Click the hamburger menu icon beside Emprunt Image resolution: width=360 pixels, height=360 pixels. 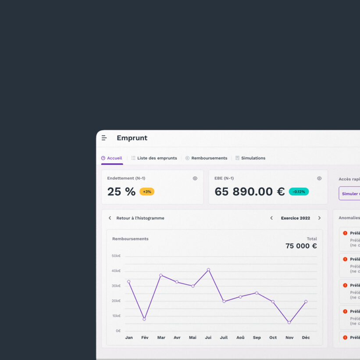click(104, 138)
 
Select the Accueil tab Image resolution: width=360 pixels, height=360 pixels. click(112, 158)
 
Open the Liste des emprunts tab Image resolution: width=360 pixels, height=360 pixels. click(154, 158)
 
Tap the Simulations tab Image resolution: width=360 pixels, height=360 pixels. click(250, 158)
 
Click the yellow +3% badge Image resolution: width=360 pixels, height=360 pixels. click(147, 192)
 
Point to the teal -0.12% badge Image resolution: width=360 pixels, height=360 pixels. click(299, 192)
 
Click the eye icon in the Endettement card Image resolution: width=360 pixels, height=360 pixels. click(195, 178)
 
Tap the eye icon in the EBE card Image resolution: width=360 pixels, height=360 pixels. click(319, 178)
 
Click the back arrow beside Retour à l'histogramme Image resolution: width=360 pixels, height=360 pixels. click(110, 218)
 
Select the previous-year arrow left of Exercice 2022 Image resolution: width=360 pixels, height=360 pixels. click(271, 218)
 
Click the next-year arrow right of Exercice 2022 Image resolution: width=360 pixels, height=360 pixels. click(319, 218)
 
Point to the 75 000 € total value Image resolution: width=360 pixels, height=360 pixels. click(301, 246)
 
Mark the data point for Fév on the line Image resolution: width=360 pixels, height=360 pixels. click(144, 319)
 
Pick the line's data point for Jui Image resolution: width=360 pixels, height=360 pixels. click(208, 270)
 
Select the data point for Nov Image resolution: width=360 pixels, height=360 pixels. click(289, 322)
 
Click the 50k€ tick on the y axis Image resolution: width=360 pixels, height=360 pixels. click(116, 256)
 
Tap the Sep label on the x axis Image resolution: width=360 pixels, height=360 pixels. click(257, 338)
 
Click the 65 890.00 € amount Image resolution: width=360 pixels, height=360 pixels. click(250, 192)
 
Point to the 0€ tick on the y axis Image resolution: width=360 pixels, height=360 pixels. click(118, 331)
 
